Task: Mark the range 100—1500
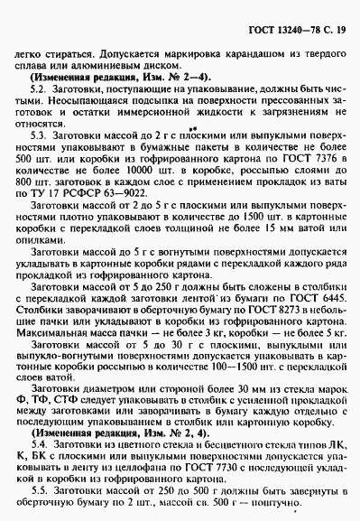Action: (245, 371)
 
